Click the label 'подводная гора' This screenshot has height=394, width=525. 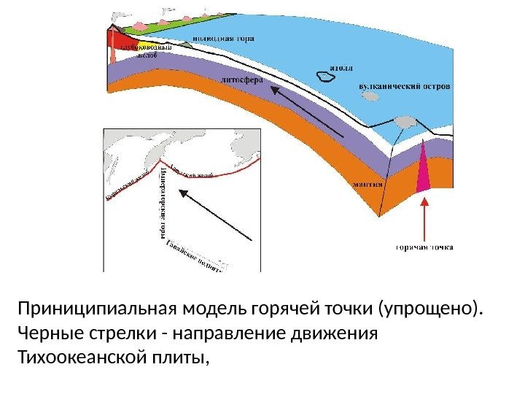[219, 33]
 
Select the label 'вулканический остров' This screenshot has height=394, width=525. [405, 85]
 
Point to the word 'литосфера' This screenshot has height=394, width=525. [239, 79]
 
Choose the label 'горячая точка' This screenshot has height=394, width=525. [424, 247]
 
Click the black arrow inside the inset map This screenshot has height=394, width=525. [217, 215]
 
